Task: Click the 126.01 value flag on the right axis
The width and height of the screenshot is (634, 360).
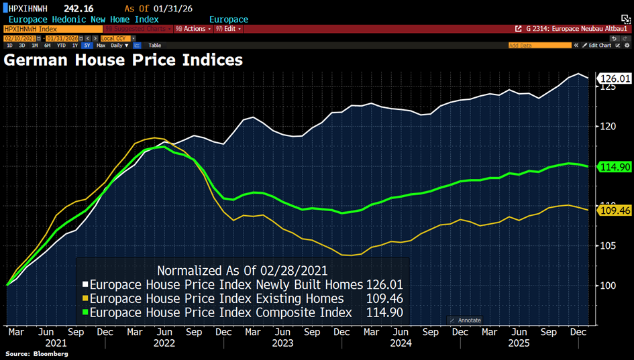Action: (x=611, y=78)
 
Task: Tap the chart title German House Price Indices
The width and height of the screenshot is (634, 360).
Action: (x=123, y=60)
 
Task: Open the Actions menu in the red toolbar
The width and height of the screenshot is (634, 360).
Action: (x=192, y=29)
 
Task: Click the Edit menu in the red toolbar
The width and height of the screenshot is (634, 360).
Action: (x=228, y=29)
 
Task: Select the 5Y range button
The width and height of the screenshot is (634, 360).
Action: (x=87, y=45)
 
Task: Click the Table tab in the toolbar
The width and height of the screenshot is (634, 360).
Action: (x=154, y=45)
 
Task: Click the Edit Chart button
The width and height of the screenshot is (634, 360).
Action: (x=598, y=45)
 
